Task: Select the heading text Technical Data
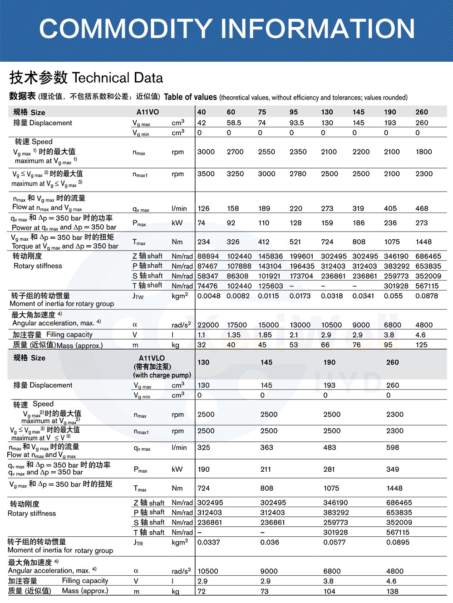point(118,78)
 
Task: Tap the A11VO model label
point(148,112)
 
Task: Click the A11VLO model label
point(152,358)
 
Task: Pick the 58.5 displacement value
point(234,123)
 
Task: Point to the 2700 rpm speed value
point(235,152)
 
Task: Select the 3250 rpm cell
point(235,173)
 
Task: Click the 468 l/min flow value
point(422,208)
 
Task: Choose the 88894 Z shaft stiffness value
point(208,256)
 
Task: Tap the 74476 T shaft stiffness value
point(207,286)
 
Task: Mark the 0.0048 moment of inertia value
point(209,296)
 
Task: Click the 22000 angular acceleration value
point(208,325)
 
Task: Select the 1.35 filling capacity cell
point(234,335)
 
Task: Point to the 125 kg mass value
point(421,345)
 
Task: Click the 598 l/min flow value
point(393,447)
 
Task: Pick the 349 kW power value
point(393,469)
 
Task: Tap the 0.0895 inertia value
point(398,542)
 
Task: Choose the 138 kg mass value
point(392,591)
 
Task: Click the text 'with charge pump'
point(162,375)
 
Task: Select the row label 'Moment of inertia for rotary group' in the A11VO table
point(62,304)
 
